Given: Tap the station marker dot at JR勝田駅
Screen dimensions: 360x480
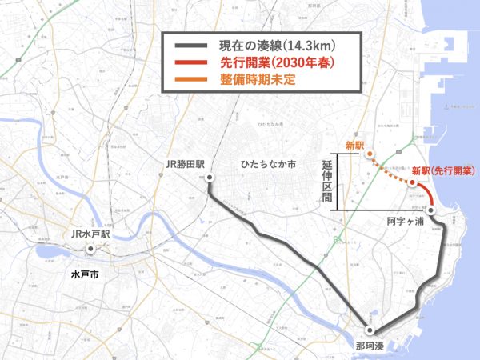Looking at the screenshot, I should [x=208, y=177].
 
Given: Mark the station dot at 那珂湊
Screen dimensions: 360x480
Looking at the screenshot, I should [x=370, y=330].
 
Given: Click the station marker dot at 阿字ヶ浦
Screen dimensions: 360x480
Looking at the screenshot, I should [x=430, y=210].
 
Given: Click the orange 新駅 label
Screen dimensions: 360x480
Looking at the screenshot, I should [x=354, y=146].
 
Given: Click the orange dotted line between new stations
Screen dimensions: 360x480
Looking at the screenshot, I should [x=390, y=170].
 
